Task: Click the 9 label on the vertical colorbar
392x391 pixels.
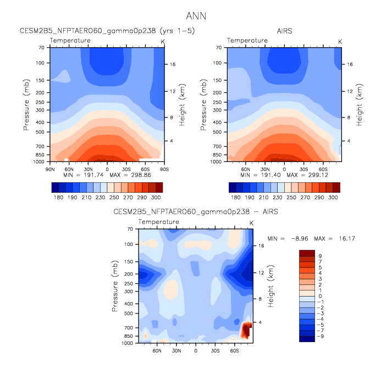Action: (x=319, y=256)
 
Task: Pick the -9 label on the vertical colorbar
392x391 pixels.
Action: (x=321, y=336)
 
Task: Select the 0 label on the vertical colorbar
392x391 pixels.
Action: (x=319, y=295)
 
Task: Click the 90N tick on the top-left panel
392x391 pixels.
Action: (x=49, y=169)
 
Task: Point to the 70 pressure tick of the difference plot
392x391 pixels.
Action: (x=131, y=229)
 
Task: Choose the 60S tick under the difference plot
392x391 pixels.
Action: (x=234, y=350)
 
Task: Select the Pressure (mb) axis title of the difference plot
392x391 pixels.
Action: (x=117, y=286)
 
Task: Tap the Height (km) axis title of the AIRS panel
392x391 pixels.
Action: (x=360, y=104)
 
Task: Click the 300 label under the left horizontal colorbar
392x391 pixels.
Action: (x=156, y=197)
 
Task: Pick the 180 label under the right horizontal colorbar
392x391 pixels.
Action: (x=236, y=197)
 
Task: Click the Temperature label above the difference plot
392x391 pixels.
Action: (x=158, y=222)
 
